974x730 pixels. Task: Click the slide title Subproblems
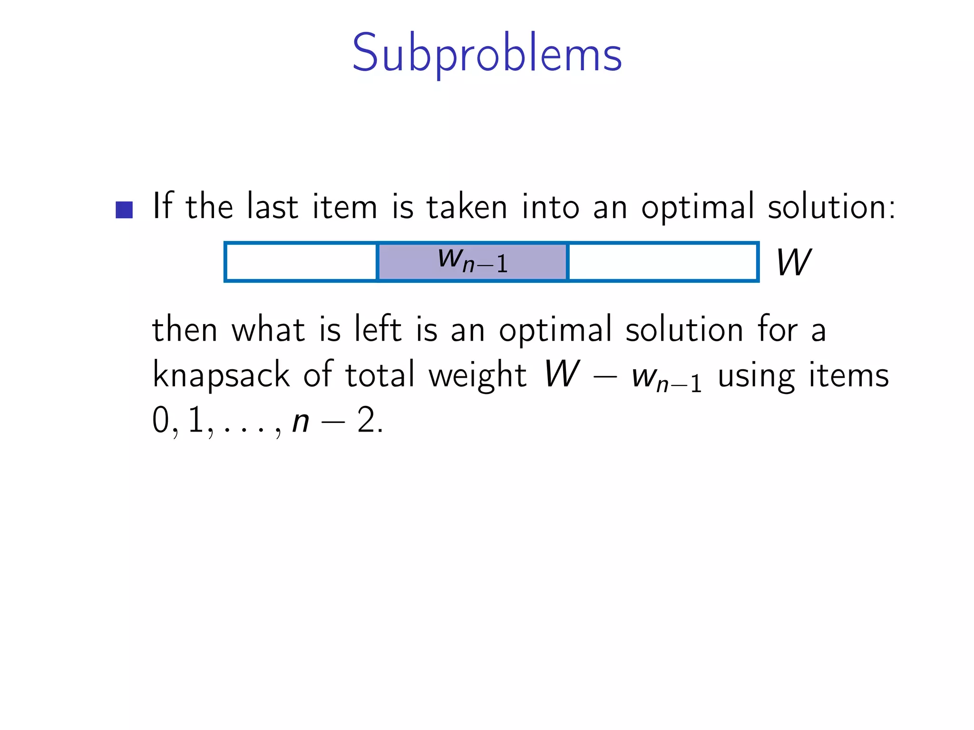tap(487, 53)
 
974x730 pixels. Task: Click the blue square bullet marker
tap(124, 210)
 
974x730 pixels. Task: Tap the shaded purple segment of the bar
tap(473, 262)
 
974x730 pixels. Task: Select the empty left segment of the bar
tap(301, 262)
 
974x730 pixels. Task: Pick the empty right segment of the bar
tap(663, 262)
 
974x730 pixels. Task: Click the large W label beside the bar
tap(793, 262)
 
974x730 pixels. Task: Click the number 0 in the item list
tap(160, 421)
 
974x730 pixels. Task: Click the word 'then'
tap(185, 329)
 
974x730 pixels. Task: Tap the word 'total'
tap(380, 375)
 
